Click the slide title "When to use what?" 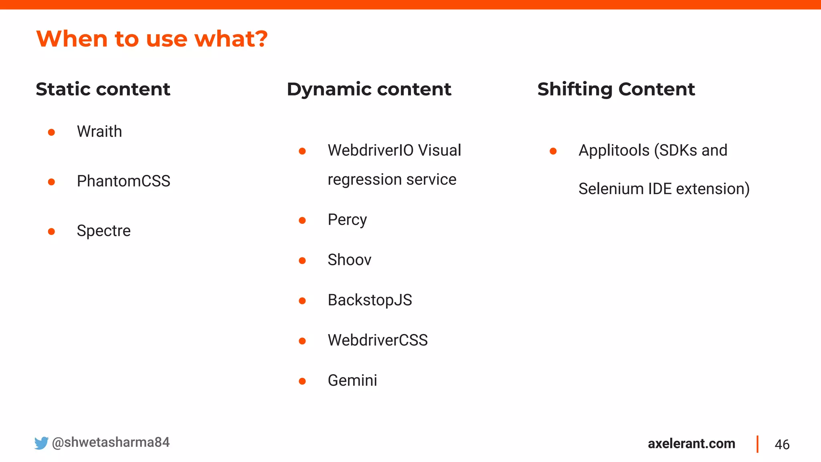pos(152,39)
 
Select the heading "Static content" pos(103,89)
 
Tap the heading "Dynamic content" pos(369,89)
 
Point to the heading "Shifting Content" pos(616,89)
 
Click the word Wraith pos(99,132)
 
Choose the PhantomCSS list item pos(123,181)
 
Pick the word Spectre pos(103,231)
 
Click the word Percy pos(347,220)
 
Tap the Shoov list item pos(349,260)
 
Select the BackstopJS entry pos(370,300)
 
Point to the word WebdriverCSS pos(378,340)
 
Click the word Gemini pos(352,380)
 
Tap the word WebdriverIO pos(370,150)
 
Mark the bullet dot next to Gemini pos(302,381)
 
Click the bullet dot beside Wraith pos(51,132)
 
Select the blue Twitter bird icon pos(41,443)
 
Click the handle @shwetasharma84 pos(111,442)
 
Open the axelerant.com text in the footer pos(692,444)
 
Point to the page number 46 pos(782,444)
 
